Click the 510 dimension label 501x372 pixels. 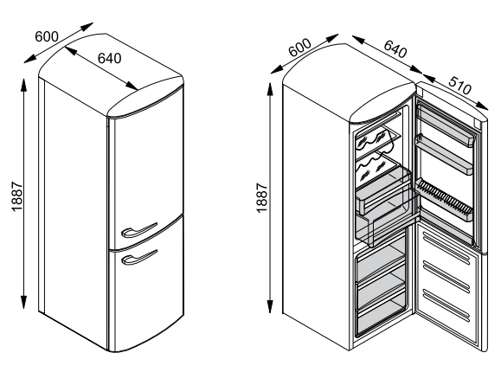[459, 86]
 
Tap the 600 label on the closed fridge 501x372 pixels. [47, 36]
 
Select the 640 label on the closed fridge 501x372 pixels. [109, 59]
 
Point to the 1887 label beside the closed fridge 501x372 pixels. [17, 196]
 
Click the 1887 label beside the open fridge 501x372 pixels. [261, 197]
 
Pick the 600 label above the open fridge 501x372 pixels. [299, 48]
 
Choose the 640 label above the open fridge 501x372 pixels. [395, 49]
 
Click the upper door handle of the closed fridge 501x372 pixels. [139, 230]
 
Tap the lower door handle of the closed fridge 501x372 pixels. [139, 258]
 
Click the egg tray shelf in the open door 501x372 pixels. [444, 200]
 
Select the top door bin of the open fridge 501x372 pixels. [445, 125]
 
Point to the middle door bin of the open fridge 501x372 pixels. [444, 154]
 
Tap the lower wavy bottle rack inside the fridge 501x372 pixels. [377, 166]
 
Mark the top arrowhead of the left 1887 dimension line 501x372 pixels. [23, 84]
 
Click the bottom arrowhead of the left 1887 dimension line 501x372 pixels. [23, 302]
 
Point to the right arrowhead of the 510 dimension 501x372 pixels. [482, 106]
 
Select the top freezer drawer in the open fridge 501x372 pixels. [381, 262]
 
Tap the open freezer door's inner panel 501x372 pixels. [447, 281]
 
